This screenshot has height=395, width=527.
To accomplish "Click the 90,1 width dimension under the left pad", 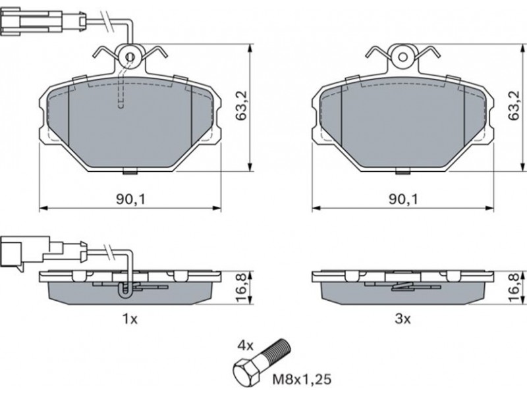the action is coord(131,199).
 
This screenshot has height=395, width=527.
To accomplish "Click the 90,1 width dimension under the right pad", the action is coord(404,199).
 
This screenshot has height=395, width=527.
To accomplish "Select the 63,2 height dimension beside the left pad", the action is coord(241,106).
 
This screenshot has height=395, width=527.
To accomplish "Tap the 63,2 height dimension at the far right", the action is coord(514,106).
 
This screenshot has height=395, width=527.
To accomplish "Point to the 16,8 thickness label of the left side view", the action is coord(242,288).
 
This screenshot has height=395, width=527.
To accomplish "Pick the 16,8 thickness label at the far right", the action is coord(514,288).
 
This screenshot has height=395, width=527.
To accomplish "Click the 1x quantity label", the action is coord(130,319).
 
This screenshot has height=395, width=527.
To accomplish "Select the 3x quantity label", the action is coord(402,319).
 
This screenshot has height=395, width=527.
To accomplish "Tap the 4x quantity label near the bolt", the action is coord(246,345).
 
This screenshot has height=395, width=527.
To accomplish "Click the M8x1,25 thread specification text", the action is coord(302,380).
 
